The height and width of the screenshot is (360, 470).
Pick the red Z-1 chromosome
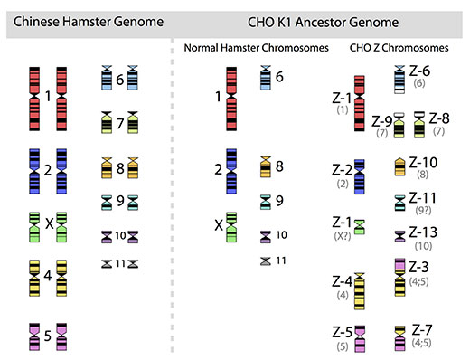click(359, 101)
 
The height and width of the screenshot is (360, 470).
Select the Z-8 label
click(439, 118)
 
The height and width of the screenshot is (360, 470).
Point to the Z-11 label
click(422, 198)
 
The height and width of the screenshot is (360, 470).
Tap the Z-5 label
click(341, 331)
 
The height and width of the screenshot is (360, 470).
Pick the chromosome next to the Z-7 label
click(399, 336)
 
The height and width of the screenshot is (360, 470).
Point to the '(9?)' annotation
click(421, 211)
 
